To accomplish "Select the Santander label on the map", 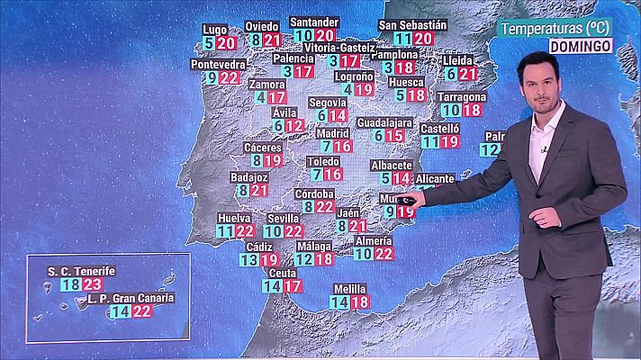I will pyautogui.click(x=315, y=22).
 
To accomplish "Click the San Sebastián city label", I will pyautogui.click(x=413, y=24).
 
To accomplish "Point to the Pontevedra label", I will pyautogui.click(x=218, y=64).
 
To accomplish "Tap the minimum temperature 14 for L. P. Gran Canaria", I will pyautogui.click(x=120, y=311).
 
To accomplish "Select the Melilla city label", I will pyautogui.click(x=349, y=289).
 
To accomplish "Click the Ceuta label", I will pyautogui.click(x=283, y=273).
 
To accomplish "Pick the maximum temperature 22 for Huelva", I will pyautogui.click(x=245, y=231).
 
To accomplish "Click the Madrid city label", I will pyautogui.click(x=332, y=133).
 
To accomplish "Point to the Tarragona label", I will pyautogui.click(x=461, y=96).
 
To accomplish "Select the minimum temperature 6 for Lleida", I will pyautogui.click(x=450, y=74).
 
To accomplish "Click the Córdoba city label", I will pyautogui.click(x=315, y=193).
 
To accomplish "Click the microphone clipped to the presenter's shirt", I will pyautogui.click(x=544, y=150).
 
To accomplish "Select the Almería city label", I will pyautogui.click(x=373, y=240).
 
